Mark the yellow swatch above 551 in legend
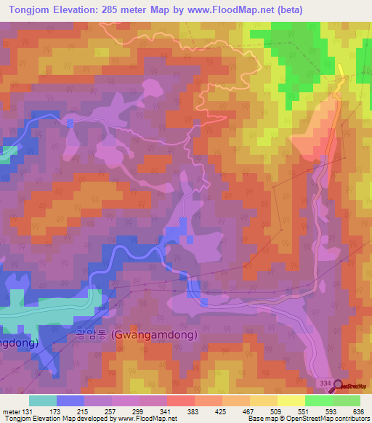tap(291, 400)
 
